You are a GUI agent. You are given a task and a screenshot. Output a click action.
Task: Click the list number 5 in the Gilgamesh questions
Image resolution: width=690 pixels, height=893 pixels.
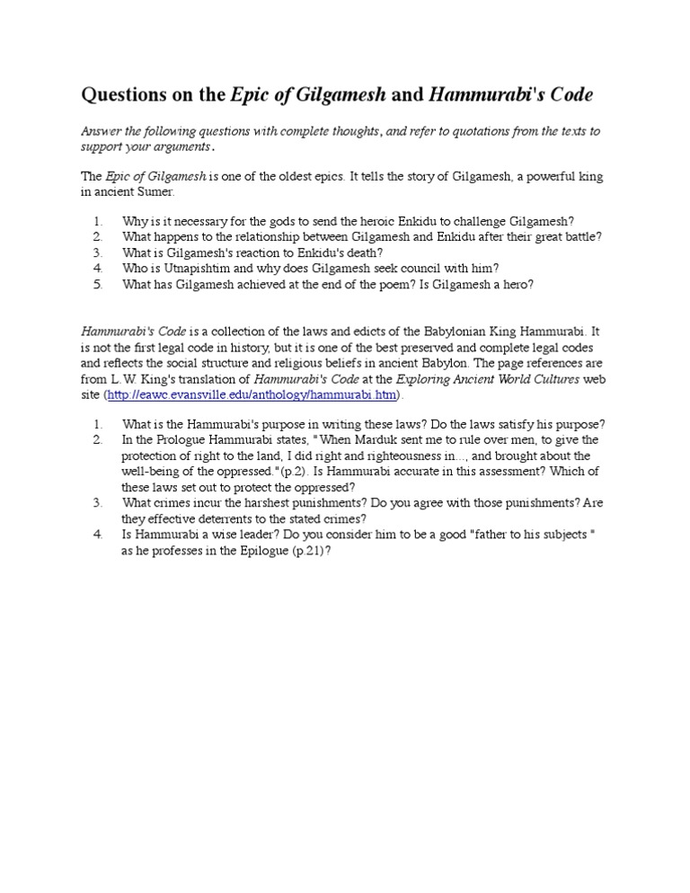pos(98,284)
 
